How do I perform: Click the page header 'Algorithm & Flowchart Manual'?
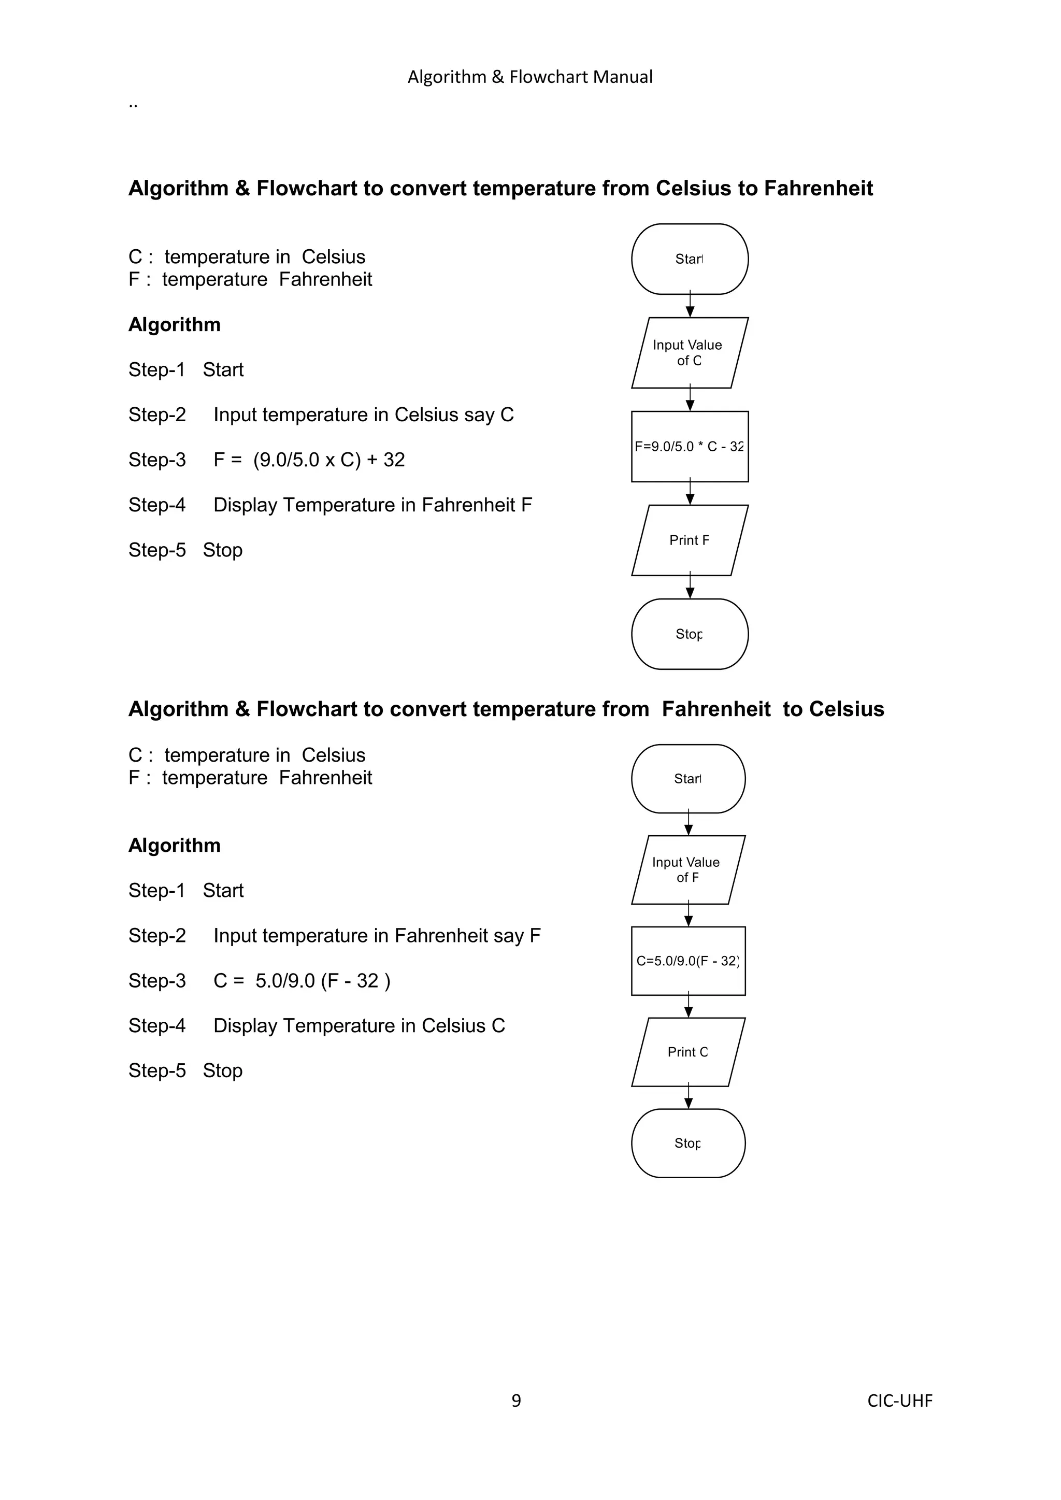point(530,77)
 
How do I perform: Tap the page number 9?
point(516,1400)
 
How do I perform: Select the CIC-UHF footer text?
point(900,1401)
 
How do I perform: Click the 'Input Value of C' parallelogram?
point(689,353)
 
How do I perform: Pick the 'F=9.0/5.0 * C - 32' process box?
point(689,447)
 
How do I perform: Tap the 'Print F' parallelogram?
point(689,540)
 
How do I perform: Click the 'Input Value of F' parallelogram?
point(688,869)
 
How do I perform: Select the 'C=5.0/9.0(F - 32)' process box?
point(688,961)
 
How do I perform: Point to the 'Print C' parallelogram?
point(688,1052)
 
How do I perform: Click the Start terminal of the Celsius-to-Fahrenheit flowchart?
point(689,260)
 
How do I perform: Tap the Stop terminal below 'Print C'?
point(688,1144)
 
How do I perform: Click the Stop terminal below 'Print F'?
point(689,634)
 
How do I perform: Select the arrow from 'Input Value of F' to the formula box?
point(689,914)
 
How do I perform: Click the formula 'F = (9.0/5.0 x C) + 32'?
point(309,460)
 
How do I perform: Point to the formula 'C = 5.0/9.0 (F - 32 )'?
point(302,981)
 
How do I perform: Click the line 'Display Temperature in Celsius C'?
point(360,1026)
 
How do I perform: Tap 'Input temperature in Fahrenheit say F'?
point(377,936)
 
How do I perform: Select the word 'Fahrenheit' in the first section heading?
point(818,188)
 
